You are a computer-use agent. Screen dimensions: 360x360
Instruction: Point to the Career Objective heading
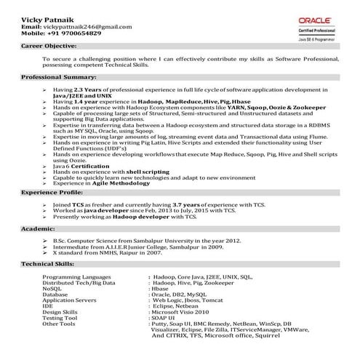[49, 45]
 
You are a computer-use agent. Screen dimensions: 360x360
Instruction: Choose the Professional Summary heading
[57, 77]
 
